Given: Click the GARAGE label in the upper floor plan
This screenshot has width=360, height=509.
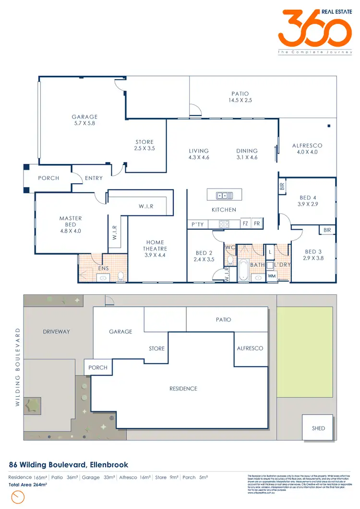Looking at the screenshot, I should click(x=84, y=117).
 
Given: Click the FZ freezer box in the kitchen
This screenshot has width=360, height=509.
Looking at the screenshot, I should click(x=245, y=224).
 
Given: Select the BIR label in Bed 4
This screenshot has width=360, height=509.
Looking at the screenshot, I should click(x=282, y=186).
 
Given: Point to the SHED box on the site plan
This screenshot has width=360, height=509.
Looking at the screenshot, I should click(x=318, y=428).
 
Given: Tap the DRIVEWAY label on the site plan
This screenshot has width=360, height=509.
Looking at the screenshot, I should click(x=56, y=331).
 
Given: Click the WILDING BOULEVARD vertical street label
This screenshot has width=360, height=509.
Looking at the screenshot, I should click(x=18, y=367).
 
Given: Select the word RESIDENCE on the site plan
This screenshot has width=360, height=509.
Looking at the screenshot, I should click(x=183, y=389).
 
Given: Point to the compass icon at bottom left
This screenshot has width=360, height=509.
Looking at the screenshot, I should click(x=18, y=497).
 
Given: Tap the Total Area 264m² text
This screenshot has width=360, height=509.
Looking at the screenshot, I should click(x=28, y=485).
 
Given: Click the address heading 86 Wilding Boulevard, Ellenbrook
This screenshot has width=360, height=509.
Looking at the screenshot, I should click(x=69, y=465).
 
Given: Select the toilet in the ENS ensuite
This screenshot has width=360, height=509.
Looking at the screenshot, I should click(x=121, y=275).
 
